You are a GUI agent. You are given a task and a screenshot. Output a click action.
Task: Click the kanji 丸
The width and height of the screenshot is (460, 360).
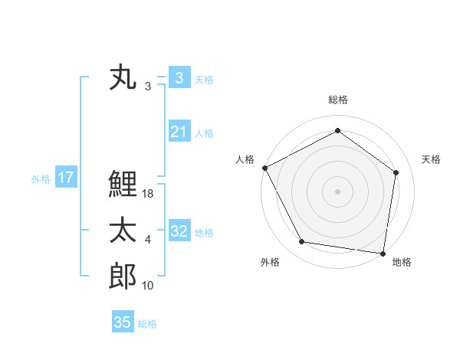point(123,79)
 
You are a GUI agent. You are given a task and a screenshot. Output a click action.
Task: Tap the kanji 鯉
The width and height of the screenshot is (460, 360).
point(123,185)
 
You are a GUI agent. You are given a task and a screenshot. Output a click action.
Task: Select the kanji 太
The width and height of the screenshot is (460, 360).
point(123,231)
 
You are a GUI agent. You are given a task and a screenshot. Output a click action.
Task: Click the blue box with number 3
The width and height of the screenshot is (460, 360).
point(179,78)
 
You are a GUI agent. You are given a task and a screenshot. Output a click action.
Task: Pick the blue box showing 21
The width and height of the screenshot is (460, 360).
point(179,132)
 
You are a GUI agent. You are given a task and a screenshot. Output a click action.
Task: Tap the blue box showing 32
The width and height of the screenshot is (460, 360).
point(179,231)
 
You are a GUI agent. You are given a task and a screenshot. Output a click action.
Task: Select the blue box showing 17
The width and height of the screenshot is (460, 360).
point(66,178)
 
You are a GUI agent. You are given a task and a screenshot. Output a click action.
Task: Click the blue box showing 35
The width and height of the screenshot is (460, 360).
point(123,322)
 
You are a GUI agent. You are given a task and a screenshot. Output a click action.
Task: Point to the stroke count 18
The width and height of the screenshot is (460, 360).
point(149,195)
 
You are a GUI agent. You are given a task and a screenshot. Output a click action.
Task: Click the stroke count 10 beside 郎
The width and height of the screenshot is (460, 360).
point(149,286)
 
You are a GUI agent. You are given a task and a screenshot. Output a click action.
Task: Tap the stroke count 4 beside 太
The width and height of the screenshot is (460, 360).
point(147,241)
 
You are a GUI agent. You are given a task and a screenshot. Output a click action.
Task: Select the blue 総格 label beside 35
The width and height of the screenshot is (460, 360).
point(147,324)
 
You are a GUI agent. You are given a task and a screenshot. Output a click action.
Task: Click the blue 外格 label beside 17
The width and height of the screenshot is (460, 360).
point(41,179)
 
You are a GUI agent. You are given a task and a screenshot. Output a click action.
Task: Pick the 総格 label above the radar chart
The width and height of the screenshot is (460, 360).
point(337,100)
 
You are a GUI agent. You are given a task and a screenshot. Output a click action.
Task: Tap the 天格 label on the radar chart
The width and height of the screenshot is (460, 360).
point(432,159)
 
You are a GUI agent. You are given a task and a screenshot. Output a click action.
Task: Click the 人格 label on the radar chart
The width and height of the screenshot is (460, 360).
point(245,159)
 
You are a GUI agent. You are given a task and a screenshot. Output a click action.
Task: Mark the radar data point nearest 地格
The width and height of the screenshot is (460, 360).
point(383,253)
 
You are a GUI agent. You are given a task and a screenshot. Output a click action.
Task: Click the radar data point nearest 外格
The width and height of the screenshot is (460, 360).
point(302,242)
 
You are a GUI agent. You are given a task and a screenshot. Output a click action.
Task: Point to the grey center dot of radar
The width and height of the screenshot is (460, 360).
point(337,191)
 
